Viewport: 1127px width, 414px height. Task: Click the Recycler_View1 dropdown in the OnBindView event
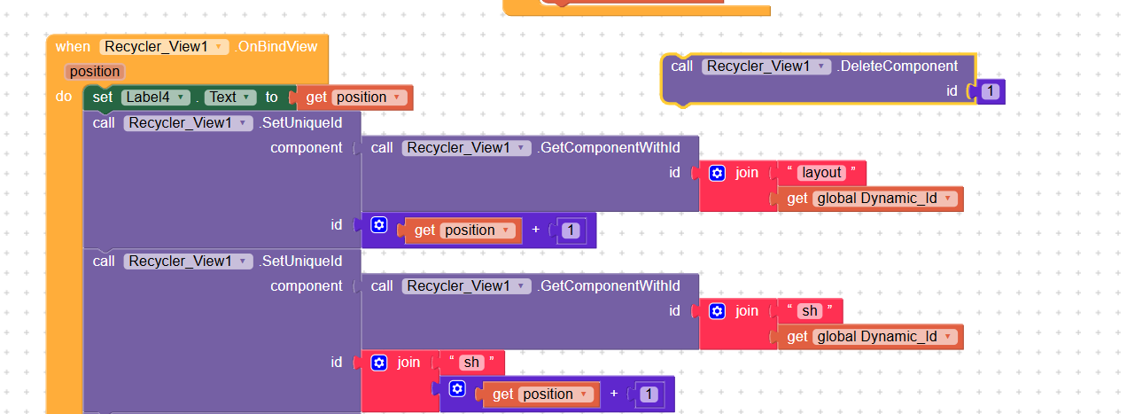(165, 46)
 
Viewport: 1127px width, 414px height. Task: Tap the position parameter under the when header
(94, 72)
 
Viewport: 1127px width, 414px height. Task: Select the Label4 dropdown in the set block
(156, 98)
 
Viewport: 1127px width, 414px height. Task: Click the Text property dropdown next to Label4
(231, 98)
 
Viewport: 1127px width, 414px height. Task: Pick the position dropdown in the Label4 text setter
(369, 98)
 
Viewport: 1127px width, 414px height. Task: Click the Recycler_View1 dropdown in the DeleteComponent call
(766, 66)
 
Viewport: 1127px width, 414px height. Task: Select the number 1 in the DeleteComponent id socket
(991, 90)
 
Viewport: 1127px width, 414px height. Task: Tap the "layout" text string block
(820, 173)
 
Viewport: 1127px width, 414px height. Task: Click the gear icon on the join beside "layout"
(718, 173)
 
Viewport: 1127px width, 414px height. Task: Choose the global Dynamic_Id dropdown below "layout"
(885, 199)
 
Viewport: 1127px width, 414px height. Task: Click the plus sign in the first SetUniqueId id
(535, 230)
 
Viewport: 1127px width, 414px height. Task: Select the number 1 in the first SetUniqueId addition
(571, 230)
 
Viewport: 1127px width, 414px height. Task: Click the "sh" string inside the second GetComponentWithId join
(809, 311)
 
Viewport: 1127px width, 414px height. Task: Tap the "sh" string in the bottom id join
(471, 363)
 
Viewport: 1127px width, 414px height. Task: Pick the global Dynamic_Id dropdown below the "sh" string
(885, 337)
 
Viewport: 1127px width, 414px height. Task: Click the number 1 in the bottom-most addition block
(649, 394)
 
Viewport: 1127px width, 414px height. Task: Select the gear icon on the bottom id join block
(379, 363)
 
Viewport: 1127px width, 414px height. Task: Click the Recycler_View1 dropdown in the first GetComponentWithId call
(466, 148)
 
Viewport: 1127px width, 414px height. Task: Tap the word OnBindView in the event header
(277, 46)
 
